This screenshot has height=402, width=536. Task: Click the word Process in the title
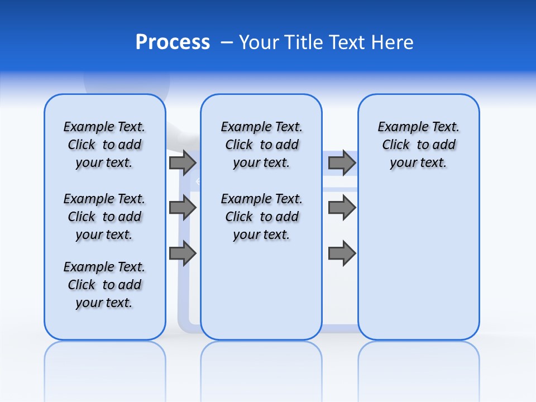click(x=173, y=42)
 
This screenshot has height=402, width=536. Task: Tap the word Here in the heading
click(x=393, y=42)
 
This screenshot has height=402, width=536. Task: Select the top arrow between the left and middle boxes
click(x=183, y=162)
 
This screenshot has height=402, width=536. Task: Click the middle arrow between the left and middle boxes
click(x=183, y=208)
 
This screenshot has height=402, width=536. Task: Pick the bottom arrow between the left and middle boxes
click(x=183, y=253)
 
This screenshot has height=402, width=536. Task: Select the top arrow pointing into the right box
click(x=342, y=162)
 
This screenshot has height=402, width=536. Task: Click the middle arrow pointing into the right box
click(x=342, y=208)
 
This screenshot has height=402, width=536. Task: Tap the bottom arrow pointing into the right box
click(x=342, y=253)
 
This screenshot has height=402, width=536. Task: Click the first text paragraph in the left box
click(x=104, y=145)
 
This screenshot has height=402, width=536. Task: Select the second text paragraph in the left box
click(x=104, y=217)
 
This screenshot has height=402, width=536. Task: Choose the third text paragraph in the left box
click(x=104, y=285)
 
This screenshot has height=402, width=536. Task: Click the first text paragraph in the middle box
click(x=261, y=145)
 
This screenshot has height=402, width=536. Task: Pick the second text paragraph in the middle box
click(x=261, y=217)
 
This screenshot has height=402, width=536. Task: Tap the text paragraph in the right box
click(x=418, y=145)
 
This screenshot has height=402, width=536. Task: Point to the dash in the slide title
click(x=227, y=42)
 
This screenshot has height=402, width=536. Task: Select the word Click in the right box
click(x=396, y=145)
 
